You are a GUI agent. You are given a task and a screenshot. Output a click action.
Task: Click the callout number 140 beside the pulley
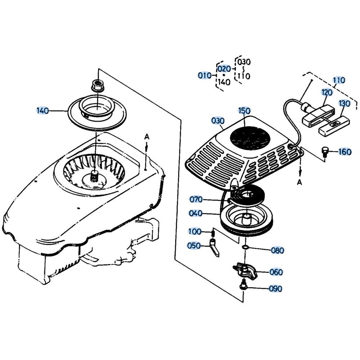click(43, 111)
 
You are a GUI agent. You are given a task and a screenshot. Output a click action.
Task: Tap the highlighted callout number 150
click(244, 111)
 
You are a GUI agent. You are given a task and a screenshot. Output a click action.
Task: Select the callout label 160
click(345, 152)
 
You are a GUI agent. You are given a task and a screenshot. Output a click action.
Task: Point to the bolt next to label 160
click(325, 152)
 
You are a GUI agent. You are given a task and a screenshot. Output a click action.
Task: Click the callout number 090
click(275, 289)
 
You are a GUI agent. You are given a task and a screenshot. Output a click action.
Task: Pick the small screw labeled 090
click(242, 286)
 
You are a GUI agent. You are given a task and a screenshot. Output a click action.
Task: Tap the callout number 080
click(278, 250)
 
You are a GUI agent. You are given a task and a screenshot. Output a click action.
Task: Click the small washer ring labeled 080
click(245, 247)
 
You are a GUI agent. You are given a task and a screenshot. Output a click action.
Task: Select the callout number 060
click(276, 272)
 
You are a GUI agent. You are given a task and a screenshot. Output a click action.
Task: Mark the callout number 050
click(194, 246)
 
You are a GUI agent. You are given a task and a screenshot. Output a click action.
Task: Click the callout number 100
click(195, 231)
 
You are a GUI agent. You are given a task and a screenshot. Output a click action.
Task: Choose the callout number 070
click(196, 199)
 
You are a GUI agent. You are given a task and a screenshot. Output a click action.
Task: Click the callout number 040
click(195, 213)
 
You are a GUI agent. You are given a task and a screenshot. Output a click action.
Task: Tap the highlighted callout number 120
click(327, 93)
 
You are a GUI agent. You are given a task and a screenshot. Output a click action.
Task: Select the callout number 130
click(345, 103)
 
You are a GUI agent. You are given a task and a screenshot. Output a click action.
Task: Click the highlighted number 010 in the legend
click(204, 75)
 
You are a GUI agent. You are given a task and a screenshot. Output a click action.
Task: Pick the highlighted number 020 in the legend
click(224, 69)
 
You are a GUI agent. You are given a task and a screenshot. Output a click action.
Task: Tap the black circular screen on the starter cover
click(250, 137)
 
